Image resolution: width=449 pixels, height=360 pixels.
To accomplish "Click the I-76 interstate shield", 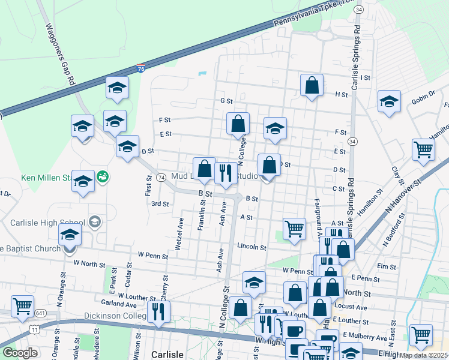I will tap(140, 70).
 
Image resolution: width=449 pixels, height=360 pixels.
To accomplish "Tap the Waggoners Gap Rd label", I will tap(59, 53).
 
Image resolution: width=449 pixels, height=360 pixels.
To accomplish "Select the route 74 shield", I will tap(161, 178).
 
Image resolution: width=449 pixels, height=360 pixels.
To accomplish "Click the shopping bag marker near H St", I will tap(312, 86).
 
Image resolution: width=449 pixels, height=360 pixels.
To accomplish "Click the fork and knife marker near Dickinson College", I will tap(158, 311).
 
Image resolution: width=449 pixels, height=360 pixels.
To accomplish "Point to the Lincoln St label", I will tap(251, 247).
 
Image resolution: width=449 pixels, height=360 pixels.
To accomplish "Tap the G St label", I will tap(226, 101).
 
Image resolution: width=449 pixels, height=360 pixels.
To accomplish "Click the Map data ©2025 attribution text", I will tap(421, 355).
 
